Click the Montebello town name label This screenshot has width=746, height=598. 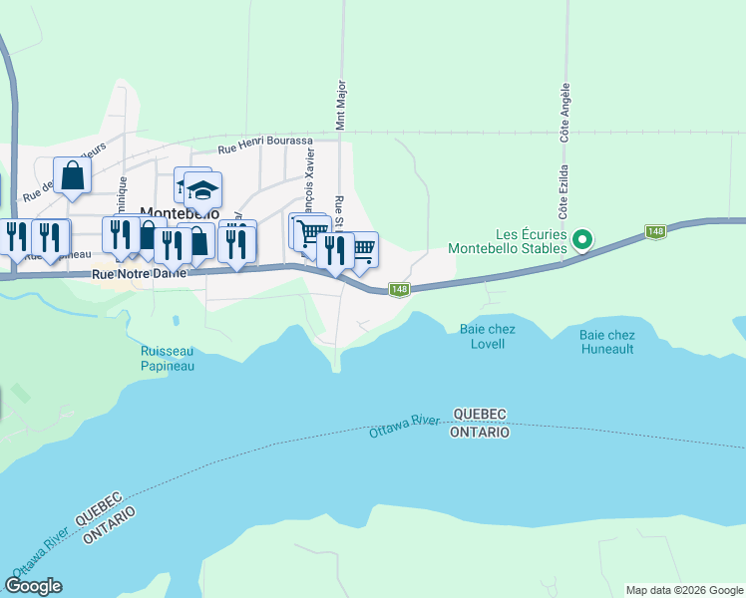pos(180,213)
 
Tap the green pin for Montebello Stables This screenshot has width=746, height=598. pos(584,239)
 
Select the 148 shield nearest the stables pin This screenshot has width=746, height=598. pos(655,231)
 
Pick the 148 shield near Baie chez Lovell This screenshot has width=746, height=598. pos(399,289)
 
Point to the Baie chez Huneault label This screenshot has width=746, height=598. pos(606,342)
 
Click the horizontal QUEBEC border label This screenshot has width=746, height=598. pos(481,414)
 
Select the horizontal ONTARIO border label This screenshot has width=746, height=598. pos(480,433)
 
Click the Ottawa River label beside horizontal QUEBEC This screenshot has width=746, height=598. pos(404,427)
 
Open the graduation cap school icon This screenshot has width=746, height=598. pos(202,188)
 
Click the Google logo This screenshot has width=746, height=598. pos(34,586)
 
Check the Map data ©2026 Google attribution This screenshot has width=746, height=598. pos(684,590)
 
